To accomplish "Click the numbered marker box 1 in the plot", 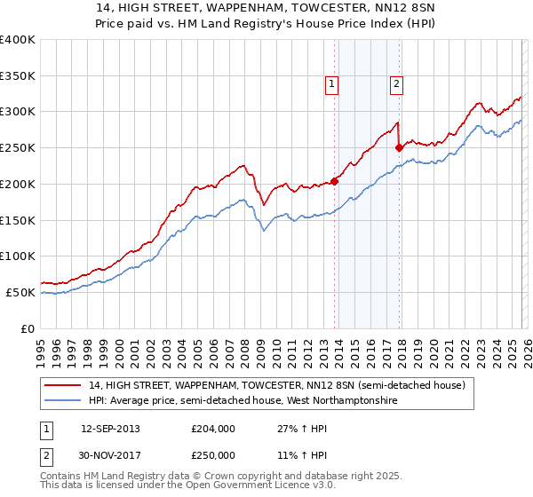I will [x=330, y=84].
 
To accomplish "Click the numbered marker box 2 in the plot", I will [x=395, y=84].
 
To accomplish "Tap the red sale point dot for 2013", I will [x=335, y=181].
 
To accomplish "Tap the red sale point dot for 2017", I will [x=400, y=148].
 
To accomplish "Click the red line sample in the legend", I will [x=63, y=385].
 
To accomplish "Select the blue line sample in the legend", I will [x=63, y=401].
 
